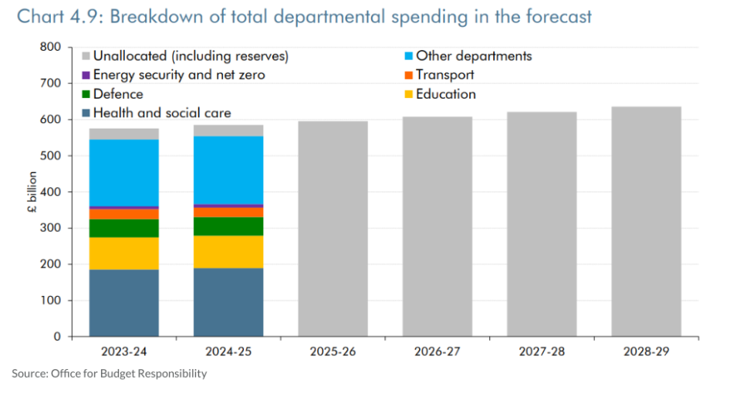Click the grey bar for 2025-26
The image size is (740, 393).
[333, 229]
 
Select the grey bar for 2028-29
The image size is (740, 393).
[646, 221]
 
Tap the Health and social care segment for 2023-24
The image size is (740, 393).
[123, 303]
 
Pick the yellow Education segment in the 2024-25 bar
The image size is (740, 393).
[228, 251]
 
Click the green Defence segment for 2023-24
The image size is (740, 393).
[123, 228]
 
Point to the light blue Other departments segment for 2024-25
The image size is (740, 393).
[228, 170]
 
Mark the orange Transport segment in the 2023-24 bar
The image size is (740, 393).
[123, 214]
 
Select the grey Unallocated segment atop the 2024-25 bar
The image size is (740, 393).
[228, 130]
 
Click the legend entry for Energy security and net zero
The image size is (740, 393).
[178, 75]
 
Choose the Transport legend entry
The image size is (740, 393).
[444, 75]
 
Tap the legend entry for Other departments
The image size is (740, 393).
[473, 55]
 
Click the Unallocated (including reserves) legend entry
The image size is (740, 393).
[190, 55]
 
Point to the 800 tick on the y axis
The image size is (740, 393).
[50, 47]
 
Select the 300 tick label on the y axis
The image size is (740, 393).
[50, 228]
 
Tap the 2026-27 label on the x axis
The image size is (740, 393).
[437, 351]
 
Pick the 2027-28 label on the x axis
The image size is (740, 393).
[542, 351]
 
